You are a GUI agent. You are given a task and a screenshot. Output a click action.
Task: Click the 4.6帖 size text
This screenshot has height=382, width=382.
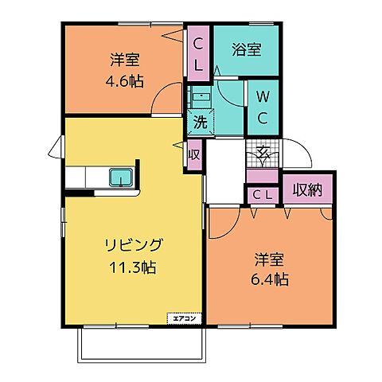pyautogui.click(x=126, y=80)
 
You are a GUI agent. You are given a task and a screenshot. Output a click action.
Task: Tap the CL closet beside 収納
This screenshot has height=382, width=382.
pyautogui.click(x=263, y=194)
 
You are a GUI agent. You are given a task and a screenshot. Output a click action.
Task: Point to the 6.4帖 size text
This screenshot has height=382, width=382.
pyautogui.click(x=271, y=279)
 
